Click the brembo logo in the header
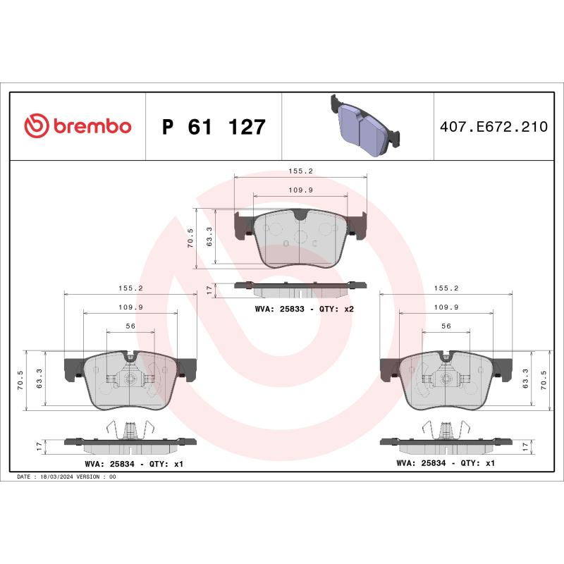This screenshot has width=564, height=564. (x=78, y=126)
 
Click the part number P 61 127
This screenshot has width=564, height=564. (x=214, y=128)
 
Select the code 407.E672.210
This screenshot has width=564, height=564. (x=493, y=127)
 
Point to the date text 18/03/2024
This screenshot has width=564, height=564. (x=57, y=477)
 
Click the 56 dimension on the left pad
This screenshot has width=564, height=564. (x=130, y=326)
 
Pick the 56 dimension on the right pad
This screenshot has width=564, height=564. (x=446, y=326)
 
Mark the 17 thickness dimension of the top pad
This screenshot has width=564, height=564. (x=209, y=290)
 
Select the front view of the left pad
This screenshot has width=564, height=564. (x=130, y=381)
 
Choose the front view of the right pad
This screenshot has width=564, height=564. (x=446, y=381)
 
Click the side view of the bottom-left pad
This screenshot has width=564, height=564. (x=130, y=441)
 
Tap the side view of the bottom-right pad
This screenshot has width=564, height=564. (x=446, y=441)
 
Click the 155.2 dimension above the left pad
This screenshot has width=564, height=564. (x=130, y=288)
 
